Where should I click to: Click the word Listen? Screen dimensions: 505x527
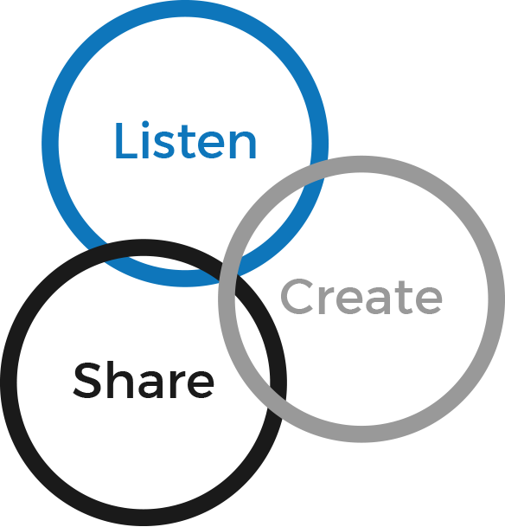click(x=186, y=140)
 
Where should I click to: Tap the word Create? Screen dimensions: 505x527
click(x=361, y=297)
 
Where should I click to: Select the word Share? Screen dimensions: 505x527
click(x=144, y=380)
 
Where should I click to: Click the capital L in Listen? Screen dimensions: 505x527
click(x=126, y=140)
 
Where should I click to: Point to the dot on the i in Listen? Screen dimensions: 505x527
click(x=145, y=124)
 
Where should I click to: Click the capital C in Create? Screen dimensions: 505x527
click(x=297, y=297)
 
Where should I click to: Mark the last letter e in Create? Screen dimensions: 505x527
click(x=429, y=301)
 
